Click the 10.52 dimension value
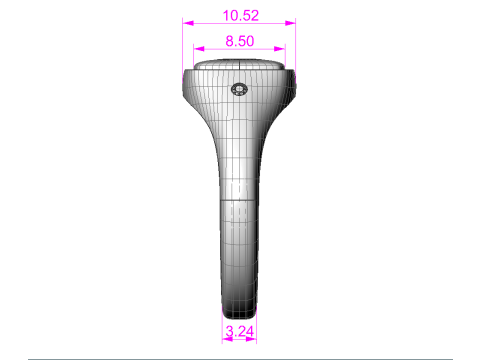tap(241, 16)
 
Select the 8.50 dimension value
tap(240, 41)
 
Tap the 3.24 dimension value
tap(240, 331)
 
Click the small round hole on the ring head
tap(239, 89)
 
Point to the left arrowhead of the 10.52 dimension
tap(188, 23)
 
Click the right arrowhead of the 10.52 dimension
tap(290, 23)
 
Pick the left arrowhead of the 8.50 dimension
tap(199, 49)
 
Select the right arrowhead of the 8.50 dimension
tap(279, 49)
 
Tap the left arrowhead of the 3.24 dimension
tap(228, 339)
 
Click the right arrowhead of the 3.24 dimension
tap(251, 339)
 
